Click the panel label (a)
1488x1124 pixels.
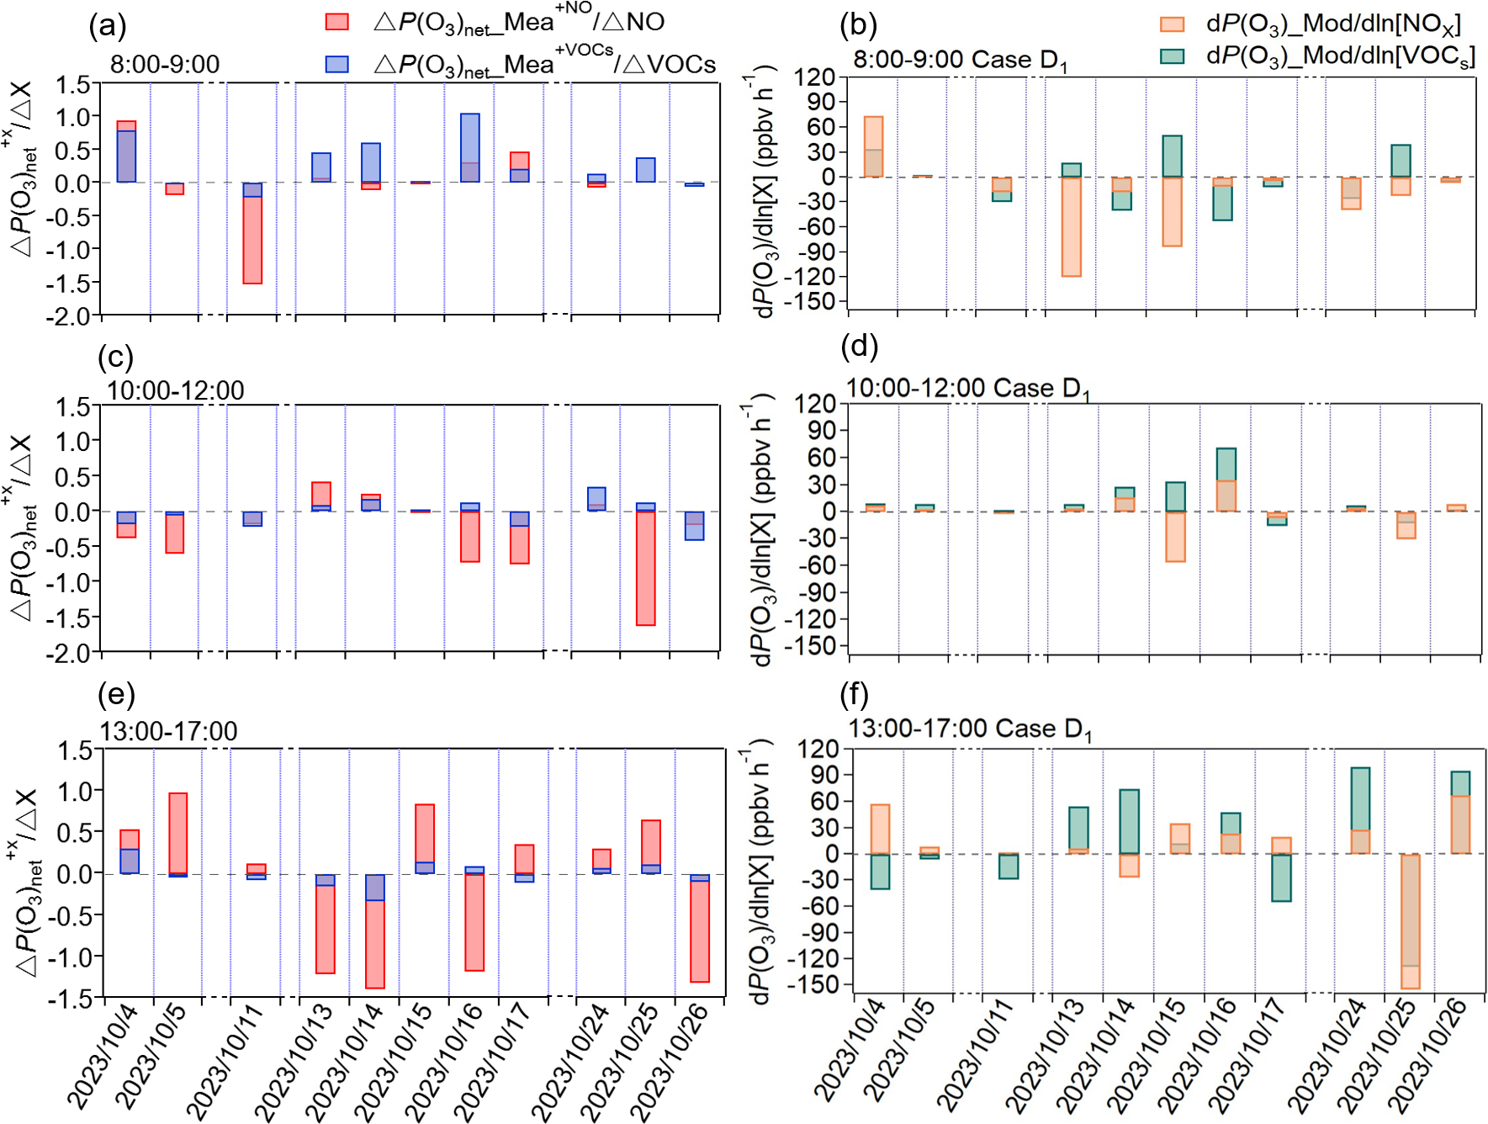coord(108,26)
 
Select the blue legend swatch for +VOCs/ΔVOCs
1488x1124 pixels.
coord(337,64)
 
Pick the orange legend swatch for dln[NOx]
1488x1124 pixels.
coord(1172,24)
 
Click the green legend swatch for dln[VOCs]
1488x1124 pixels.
coord(1172,56)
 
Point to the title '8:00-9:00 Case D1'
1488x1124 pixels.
coord(960,61)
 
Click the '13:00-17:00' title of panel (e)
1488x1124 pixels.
coord(168,731)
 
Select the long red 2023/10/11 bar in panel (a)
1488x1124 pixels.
coord(252,240)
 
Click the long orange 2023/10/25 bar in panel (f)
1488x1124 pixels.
coord(1411,921)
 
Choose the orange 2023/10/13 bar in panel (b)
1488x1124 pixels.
coord(1071,226)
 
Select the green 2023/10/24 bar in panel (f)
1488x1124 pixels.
coord(1360,799)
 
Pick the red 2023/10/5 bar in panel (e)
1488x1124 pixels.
coord(178,833)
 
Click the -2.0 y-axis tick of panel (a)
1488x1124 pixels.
coord(71,316)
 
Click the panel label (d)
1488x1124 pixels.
coord(859,347)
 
